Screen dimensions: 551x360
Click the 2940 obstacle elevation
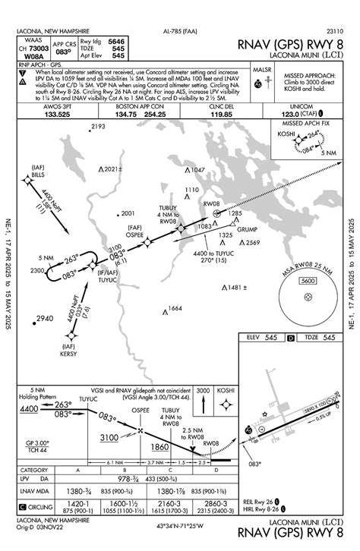pyautogui.click(x=46, y=318)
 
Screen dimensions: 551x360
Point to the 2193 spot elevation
pyautogui.click(x=97, y=127)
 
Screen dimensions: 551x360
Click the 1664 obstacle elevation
pyautogui.click(x=175, y=309)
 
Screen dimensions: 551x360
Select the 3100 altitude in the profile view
pyautogui.click(x=109, y=437)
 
